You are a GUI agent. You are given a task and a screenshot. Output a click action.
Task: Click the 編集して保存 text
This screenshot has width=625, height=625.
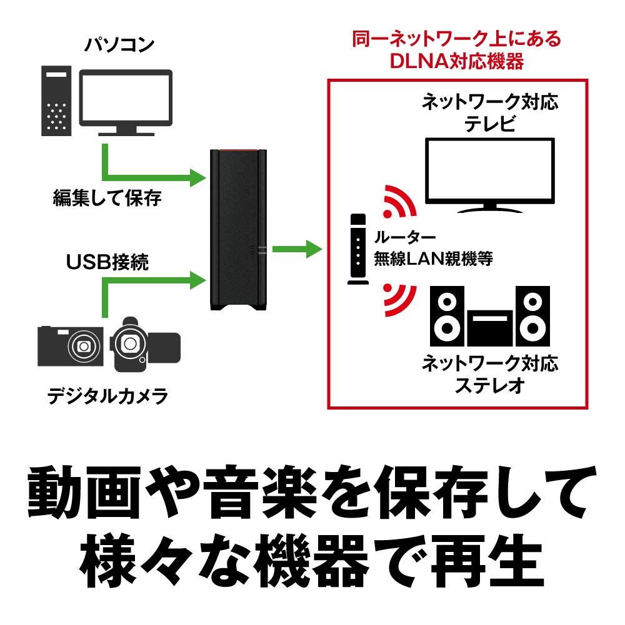point(107,199)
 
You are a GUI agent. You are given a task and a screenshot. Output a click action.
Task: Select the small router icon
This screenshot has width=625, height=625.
point(357,250)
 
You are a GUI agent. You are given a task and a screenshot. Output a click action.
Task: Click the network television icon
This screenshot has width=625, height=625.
point(489,175)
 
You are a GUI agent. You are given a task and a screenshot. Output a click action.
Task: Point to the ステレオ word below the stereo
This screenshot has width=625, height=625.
point(489,385)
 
